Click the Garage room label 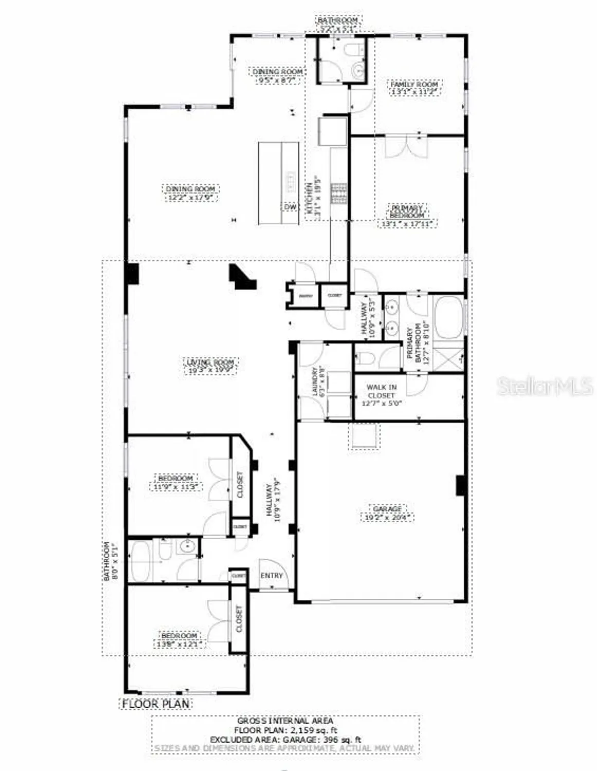coord(387,508)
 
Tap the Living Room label coord(210,362)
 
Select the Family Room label coord(414,84)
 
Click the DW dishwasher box coord(290,207)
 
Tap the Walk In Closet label coord(382,391)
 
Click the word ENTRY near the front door coord(272,575)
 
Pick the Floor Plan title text coord(156,704)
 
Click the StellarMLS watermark coord(545,386)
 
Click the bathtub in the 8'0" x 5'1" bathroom coord(140,560)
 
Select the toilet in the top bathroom coord(353,50)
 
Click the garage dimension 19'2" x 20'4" coord(387,518)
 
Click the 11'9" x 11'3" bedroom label coord(175,478)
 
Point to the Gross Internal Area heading coord(285,721)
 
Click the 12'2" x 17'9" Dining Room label coord(190,189)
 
